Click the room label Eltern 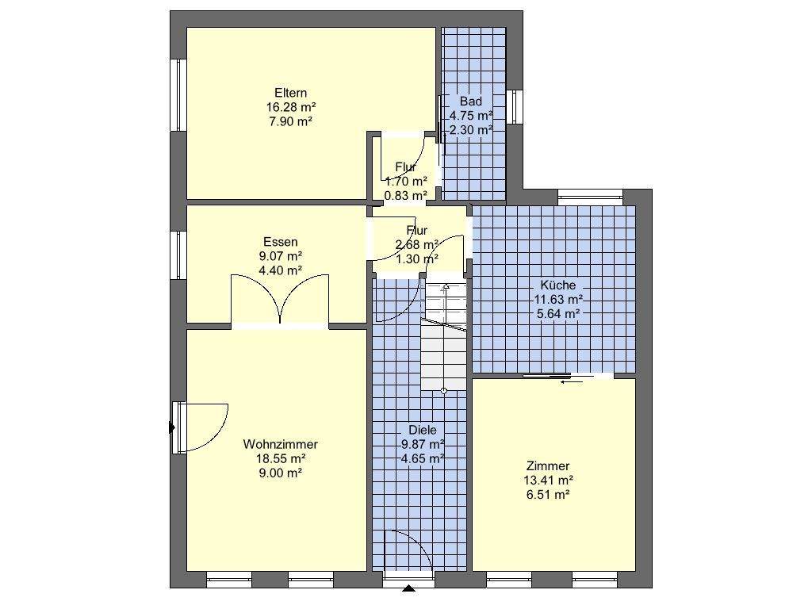tap(290, 94)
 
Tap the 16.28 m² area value tap(291, 107)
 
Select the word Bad tap(471, 101)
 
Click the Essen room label tap(280, 242)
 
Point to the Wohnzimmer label tap(280, 444)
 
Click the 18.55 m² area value tap(280, 458)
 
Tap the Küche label tap(557, 285)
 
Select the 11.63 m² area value tap(558, 299)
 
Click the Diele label tap(422, 430)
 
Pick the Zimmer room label tap(548, 466)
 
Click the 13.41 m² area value tap(548, 480)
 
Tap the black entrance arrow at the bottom tap(409, 588)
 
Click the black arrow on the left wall tap(172, 427)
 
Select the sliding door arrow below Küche tap(571, 382)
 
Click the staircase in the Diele tap(444, 336)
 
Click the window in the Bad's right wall tap(514, 107)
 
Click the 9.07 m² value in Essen tap(280, 256)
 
